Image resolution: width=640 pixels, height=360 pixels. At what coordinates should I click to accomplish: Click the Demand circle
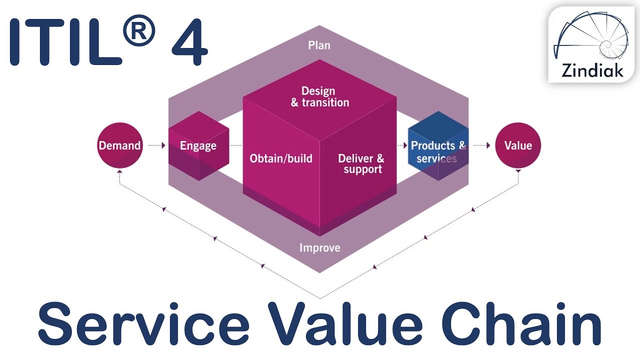pyautogui.click(x=119, y=145)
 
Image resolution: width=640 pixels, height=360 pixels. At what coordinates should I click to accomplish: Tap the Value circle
pyautogui.click(x=517, y=145)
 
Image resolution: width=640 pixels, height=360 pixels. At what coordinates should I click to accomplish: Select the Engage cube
pyautogui.click(x=198, y=145)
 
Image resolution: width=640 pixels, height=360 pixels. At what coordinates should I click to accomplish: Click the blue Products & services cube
pyautogui.click(x=438, y=146)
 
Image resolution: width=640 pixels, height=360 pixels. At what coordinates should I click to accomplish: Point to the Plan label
pyautogui.click(x=319, y=45)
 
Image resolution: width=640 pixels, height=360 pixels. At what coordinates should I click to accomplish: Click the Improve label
pyautogui.click(x=319, y=247)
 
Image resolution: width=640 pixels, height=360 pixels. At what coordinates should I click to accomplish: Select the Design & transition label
pyautogui.click(x=319, y=96)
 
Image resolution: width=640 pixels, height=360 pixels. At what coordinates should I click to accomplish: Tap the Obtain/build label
pyautogui.click(x=281, y=159)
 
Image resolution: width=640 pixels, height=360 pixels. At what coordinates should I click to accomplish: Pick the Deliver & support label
pyautogui.click(x=361, y=163)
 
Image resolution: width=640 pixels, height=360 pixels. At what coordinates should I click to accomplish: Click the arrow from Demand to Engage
pyautogui.click(x=156, y=145)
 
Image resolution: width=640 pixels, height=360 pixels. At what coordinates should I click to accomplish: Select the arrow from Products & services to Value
pyautogui.click(x=481, y=145)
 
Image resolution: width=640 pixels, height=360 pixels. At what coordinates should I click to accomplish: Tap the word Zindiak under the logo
pyautogui.click(x=592, y=70)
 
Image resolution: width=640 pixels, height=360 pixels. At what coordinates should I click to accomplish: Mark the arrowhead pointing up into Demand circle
pyautogui.click(x=119, y=171)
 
